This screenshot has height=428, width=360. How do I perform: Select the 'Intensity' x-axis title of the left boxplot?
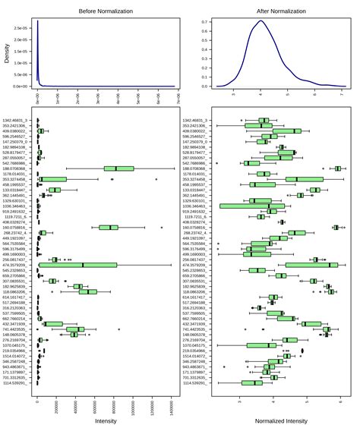tap(106, 420)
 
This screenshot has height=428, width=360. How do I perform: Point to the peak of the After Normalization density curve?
tap(261, 21)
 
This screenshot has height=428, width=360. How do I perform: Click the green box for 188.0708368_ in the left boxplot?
tap(119, 168)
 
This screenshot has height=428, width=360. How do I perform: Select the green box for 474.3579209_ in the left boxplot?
tap(84, 265)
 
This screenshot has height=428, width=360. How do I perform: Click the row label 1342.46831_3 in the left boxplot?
tap(17, 120)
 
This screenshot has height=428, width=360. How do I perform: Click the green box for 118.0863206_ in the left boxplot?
tap(87, 291)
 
